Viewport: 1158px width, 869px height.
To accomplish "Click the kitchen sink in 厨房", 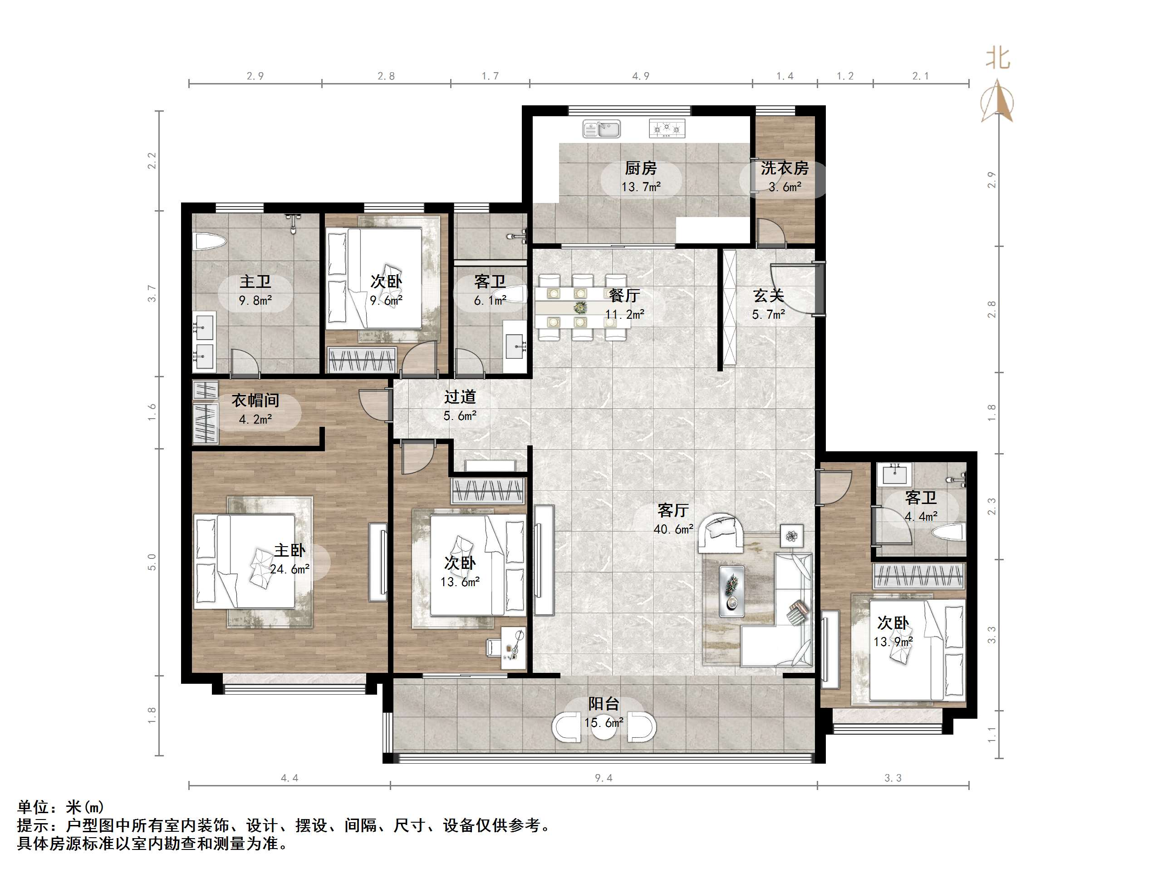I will click(602, 129).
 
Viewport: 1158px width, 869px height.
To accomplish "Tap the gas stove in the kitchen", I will click(667, 128).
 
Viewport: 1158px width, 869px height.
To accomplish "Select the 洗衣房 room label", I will click(784, 168).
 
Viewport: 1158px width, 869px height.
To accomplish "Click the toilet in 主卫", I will click(209, 242).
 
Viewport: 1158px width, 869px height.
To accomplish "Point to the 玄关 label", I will click(769, 296).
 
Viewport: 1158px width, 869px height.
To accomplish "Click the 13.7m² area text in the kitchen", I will click(641, 187).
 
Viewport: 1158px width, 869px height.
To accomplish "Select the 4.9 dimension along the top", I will click(641, 76).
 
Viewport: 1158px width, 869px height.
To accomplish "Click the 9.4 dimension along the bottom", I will click(604, 778).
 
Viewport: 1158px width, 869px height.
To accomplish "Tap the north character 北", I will click(997, 58).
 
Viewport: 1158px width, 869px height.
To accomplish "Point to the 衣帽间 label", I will click(255, 401).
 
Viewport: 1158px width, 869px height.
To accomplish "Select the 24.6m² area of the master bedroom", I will click(289, 569).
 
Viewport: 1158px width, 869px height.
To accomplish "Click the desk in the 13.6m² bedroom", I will click(512, 648).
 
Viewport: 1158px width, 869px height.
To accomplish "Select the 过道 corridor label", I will click(460, 397).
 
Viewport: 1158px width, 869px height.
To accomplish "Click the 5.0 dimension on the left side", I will click(152, 562).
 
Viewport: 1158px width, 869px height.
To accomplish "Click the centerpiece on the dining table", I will click(579, 307).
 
